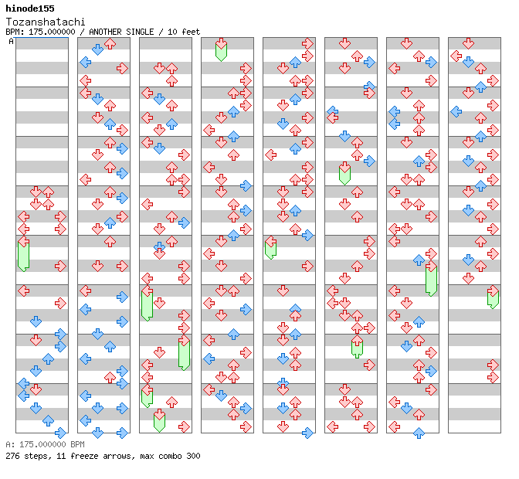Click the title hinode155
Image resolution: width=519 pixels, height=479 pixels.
pyautogui.click(x=30, y=8)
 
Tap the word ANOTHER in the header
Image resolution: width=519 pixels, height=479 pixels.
pyautogui.click(x=106, y=32)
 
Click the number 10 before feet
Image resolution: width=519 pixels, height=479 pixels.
pyautogui.click(x=171, y=32)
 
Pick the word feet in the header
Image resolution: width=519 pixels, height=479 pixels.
pyautogui.click(x=190, y=32)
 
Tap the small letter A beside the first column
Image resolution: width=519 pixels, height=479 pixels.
pyautogui.click(x=11, y=41)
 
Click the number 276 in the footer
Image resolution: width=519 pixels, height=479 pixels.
pyautogui.click(x=12, y=456)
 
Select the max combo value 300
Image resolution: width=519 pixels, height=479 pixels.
pyautogui.click(x=192, y=456)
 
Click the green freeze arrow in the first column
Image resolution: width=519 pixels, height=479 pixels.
pyautogui.click(x=23, y=254)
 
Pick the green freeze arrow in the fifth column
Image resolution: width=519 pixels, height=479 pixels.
pyautogui.click(x=270, y=247)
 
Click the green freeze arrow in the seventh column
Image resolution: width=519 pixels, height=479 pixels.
pyautogui.click(x=431, y=280)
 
